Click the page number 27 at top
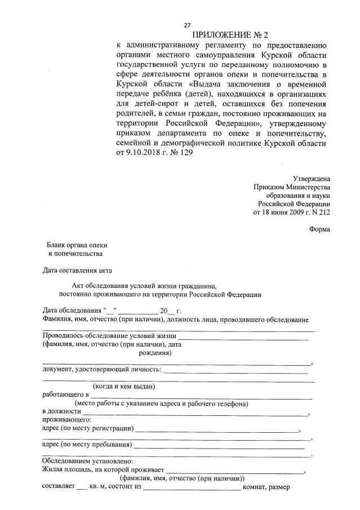point(187,25)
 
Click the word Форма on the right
point(319,229)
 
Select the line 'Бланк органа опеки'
point(77,245)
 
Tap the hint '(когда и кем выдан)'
point(124,387)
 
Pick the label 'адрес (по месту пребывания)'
point(87,445)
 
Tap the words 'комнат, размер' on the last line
point(266,487)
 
